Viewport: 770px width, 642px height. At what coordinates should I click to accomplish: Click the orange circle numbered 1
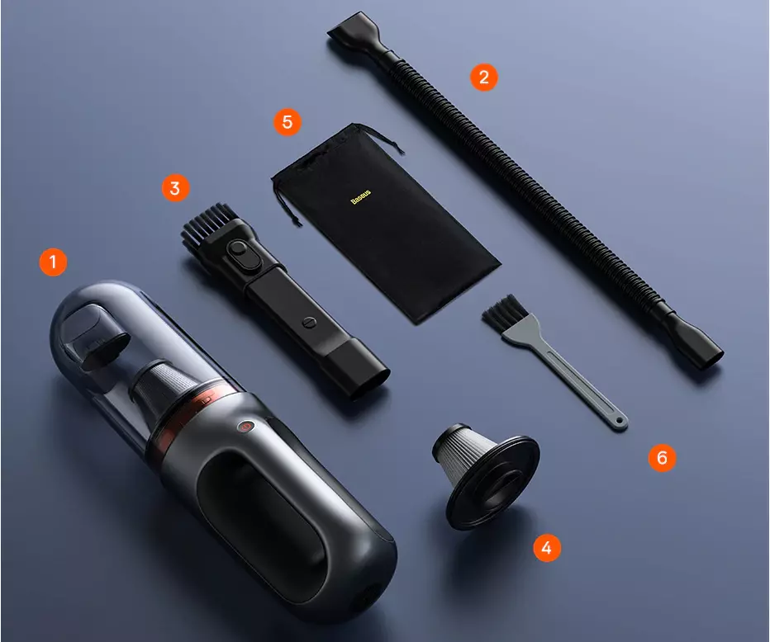click(53, 262)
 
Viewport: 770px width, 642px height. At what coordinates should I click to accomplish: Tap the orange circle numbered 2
click(483, 77)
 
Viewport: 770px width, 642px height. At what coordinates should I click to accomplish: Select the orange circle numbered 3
click(175, 188)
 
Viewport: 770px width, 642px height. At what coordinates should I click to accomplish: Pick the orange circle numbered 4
click(547, 547)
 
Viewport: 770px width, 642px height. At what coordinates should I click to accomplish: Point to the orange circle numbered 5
click(288, 121)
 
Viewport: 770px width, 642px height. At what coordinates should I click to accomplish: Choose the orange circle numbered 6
click(662, 458)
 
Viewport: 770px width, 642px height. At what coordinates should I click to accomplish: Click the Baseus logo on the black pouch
click(360, 196)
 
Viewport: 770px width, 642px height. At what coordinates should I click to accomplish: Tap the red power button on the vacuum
click(245, 427)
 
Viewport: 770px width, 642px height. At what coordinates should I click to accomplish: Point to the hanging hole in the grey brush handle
click(620, 421)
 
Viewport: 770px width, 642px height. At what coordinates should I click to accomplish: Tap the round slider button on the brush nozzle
click(239, 248)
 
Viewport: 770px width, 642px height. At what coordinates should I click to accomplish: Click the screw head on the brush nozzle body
click(309, 322)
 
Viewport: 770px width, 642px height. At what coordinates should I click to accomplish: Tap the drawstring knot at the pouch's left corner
click(296, 222)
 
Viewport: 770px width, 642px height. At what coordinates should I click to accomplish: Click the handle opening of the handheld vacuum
click(262, 514)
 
